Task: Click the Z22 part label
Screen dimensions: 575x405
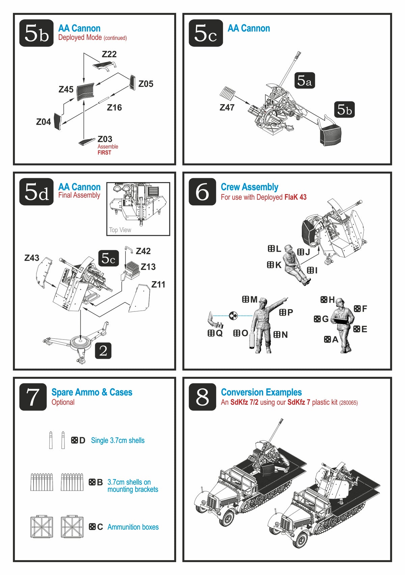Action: [109, 54]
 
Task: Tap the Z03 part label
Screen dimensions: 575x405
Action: [105, 139]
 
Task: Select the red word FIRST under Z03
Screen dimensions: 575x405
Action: [104, 153]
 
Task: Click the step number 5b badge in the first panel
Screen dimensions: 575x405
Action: [36, 33]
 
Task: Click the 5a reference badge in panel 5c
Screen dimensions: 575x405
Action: [304, 80]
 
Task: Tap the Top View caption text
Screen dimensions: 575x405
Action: [120, 230]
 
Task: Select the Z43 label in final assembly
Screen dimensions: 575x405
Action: [32, 258]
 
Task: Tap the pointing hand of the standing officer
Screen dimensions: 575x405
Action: [286, 299]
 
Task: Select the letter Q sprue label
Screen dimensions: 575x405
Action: [219, 333]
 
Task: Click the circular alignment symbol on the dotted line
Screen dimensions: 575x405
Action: [233, 316]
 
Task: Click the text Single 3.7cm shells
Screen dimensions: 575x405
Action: [117, 440]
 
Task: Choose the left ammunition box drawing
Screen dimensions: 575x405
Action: [42, 526]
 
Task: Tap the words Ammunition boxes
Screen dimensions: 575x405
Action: [133, 527]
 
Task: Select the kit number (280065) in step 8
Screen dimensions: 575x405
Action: [348, 403]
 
